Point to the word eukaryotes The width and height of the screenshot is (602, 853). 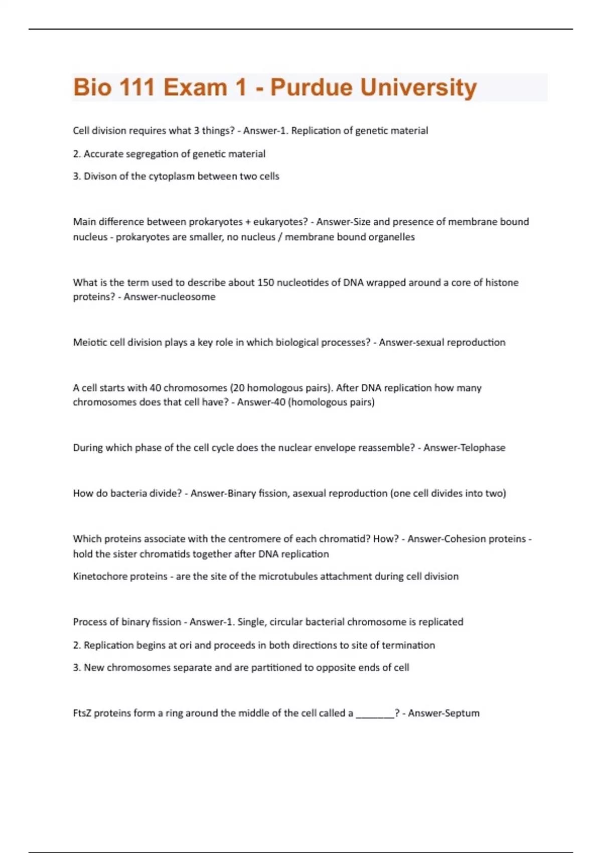[x=280, y=222]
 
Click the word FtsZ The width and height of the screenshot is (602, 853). [x=82, y=713]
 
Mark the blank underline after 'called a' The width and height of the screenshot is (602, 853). [x=375, y=716]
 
